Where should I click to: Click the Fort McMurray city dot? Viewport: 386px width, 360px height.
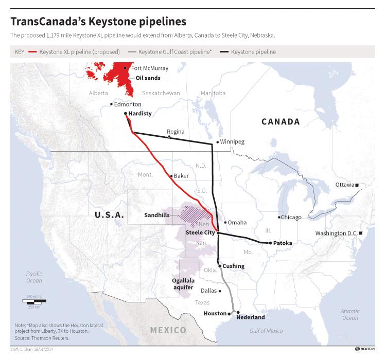[125, 68]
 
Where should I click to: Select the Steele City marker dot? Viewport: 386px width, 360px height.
[219, 233]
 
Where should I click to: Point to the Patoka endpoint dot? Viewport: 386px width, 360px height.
[270, 243]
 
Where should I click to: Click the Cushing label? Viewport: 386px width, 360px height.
[234, 266]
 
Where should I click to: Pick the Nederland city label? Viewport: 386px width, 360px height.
[250, 317]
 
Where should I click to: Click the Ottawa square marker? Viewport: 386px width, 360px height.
[358, 185]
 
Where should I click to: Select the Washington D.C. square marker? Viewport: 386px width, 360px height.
[361, 233]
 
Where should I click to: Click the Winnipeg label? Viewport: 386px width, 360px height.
[233, 141]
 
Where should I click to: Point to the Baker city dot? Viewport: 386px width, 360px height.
[171, 176]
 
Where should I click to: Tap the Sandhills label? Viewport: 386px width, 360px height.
[157, 215]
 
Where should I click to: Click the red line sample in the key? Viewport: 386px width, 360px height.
[33, 52]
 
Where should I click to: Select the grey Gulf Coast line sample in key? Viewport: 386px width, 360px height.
[132, 52]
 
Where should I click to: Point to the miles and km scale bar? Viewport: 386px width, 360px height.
[33, 300]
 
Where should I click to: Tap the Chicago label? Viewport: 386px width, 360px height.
[291, 217]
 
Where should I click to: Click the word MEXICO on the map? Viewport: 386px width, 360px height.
[167, 329]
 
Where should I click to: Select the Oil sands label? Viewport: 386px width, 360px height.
[148, 78]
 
